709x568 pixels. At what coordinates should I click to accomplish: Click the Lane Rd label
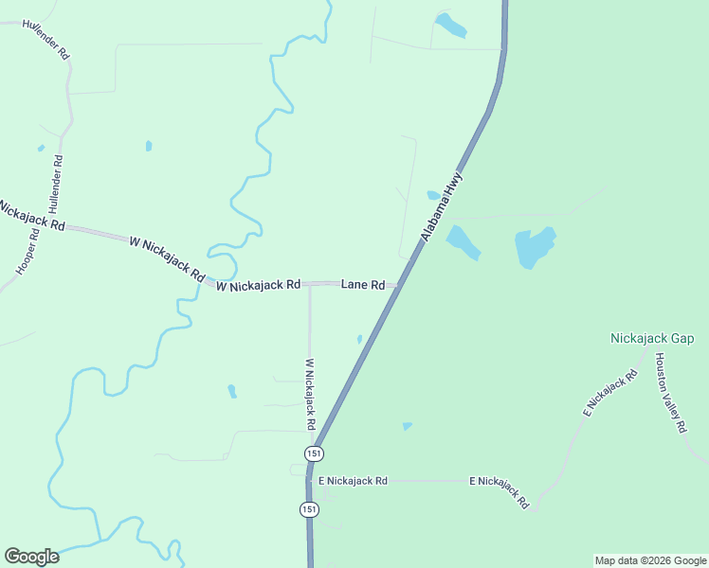[x=363, y=284]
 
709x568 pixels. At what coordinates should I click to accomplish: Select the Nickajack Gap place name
[x=652, y=338]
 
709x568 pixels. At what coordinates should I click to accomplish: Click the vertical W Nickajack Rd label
[x=310, y=393]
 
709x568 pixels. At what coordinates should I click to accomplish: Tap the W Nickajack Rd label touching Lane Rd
[x=258, y=284]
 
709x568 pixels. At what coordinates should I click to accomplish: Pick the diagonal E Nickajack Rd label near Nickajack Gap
[x=610, y=395]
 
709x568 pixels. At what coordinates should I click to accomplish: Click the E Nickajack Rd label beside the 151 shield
[x=353, y=481]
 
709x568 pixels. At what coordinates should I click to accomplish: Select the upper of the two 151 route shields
[x=313, y=454]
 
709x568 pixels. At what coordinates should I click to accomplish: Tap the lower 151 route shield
[x=309, y=509]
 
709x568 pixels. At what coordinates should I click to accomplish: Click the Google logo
[x=31, y=557]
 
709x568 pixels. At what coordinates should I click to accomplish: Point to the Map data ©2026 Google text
[x=649, y=560]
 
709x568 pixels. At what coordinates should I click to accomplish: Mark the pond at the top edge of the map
[x=450, y=25]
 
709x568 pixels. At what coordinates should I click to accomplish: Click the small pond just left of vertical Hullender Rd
[x=41, y=148]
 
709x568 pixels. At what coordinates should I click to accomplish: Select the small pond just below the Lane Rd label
[x=359, y=339]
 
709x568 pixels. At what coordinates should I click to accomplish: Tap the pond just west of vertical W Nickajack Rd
[x=231, y=391]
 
